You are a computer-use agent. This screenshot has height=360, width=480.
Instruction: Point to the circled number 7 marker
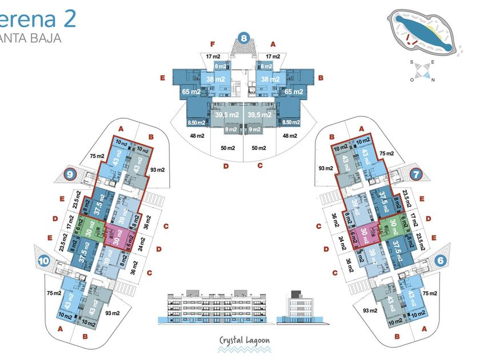click(415, 174)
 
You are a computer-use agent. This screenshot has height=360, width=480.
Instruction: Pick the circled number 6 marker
click(440, 259)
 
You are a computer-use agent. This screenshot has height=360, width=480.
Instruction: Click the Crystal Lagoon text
click(245, 341)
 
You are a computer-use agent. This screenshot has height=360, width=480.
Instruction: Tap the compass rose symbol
click(423, 71)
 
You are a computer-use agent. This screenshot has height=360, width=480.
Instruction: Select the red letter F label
click(212, 44)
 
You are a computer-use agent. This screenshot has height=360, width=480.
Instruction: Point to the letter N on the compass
click(433, 80)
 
